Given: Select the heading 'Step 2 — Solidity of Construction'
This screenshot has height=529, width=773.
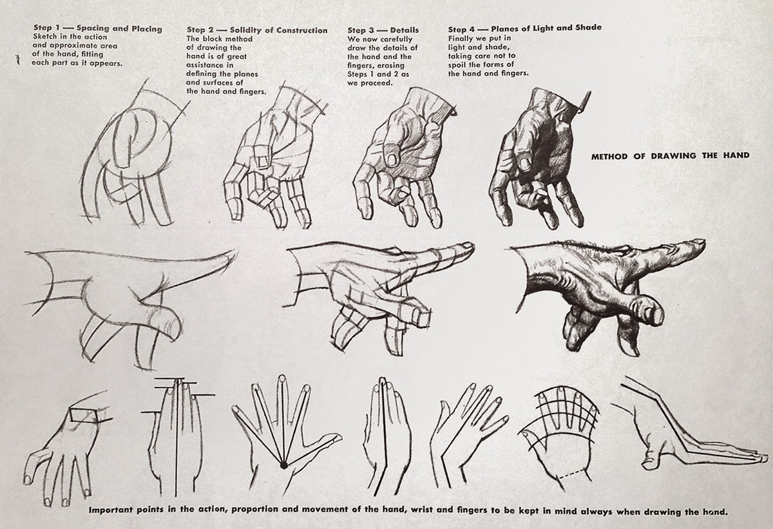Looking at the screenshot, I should (256, 30).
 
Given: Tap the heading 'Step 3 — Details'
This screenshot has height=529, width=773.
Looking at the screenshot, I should (383, 30).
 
